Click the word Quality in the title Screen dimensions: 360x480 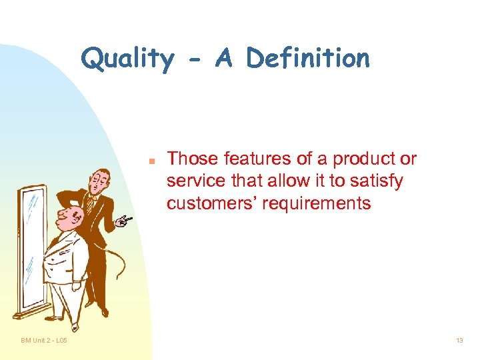127,59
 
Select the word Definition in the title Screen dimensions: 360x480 307,59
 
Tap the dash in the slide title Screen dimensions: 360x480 193,61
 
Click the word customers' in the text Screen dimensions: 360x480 212,203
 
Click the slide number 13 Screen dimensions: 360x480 459,341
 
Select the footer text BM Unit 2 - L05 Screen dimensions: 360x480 43,341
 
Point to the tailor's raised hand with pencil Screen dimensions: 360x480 123,221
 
